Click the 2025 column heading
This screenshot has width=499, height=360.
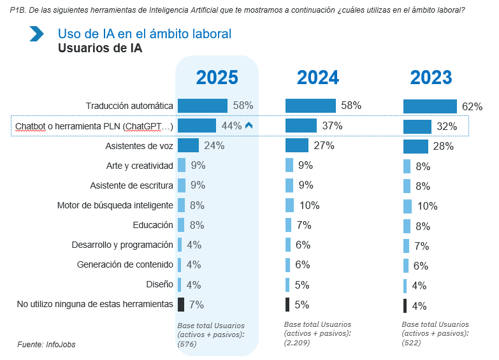coord(217,78)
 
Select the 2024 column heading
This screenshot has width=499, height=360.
coord(317,78)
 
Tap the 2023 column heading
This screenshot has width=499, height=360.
coord(431,78)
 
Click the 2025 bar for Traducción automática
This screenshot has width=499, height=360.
coord(203,106)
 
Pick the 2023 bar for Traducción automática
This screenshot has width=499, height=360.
coord(430,106)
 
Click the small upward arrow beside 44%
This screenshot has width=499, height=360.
coord(249,126)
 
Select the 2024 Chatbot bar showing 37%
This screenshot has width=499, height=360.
coord(301,126)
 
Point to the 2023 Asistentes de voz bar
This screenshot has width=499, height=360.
coord(416,147)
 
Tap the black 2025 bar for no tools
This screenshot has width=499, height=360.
coord(181,304)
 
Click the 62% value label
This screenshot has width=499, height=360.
coord(472,106)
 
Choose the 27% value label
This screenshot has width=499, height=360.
coord(324,146)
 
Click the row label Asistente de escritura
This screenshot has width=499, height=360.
coord(132,185)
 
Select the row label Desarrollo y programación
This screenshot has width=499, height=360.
coord(122,245)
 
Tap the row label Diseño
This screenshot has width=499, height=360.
coord(159,284)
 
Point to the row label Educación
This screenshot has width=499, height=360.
coord(153,225)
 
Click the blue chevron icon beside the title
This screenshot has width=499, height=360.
coord(36,34)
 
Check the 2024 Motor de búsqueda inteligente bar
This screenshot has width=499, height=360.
coord(290,205)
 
